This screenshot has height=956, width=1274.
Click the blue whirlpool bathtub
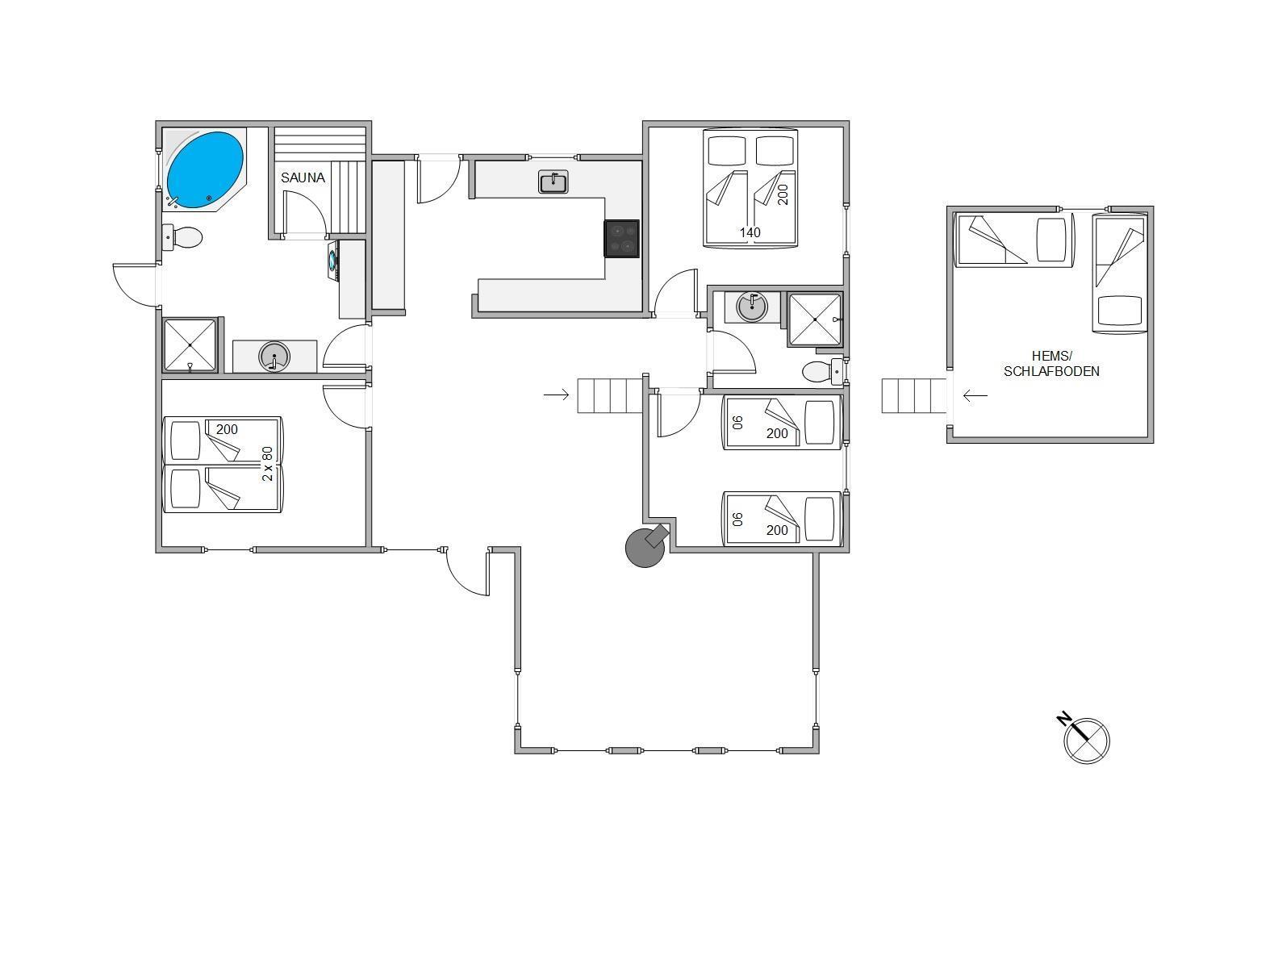tap(205, 170)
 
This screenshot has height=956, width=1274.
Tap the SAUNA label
tap(303, 178)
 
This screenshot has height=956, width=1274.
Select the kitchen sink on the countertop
tap(553, 182)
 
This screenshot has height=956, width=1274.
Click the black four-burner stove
tap(621, 239)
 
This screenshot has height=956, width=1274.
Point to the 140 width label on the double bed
tap(750, 232)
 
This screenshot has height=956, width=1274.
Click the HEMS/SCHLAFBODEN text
tap(1051, 364)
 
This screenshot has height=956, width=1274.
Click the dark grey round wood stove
tap(645, 546)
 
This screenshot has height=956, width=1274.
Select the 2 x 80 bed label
tap(267, 464)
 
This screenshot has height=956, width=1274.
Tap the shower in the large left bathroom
tap(190, 344)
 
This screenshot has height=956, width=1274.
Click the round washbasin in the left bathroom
tap(274, 356)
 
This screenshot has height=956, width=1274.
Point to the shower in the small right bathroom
tap(815, 319)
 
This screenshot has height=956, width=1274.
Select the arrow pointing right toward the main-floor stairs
tap(557, 395)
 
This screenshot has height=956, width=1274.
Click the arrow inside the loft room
tap(975, 396)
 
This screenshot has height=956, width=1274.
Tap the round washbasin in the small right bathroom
tap(752, 307)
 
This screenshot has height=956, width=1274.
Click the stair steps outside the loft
tap(913, 395)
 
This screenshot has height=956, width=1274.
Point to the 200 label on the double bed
tap(783, 194)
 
